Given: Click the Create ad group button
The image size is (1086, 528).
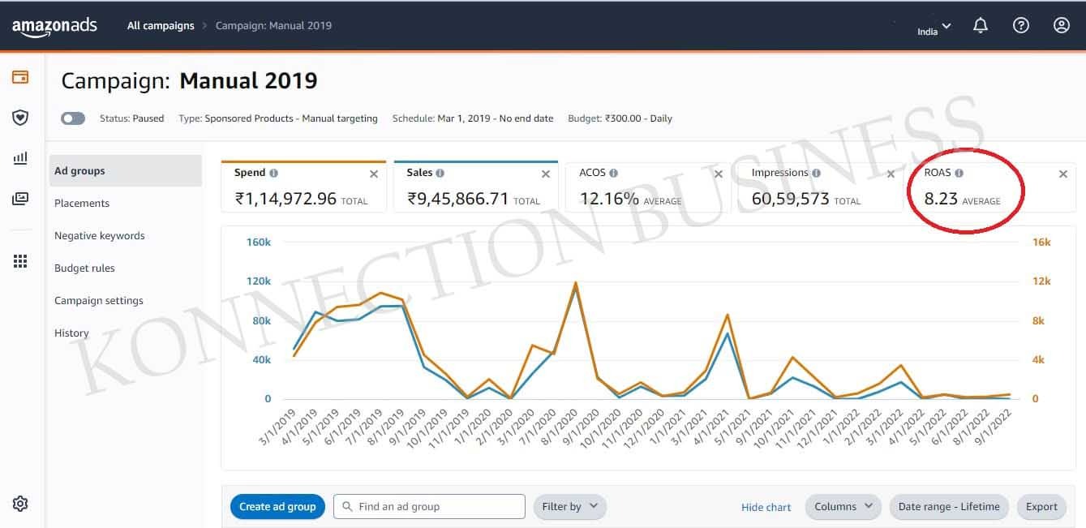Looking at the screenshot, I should coord(277,507).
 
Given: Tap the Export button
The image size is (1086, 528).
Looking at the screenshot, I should coord(1041,507).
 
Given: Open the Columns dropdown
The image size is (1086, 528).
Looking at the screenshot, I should coord(843,507).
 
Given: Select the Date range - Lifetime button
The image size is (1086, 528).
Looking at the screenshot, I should coord(949,507).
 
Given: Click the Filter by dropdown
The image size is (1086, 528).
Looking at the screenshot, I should coord(569,507).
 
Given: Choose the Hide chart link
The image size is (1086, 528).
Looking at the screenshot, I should coord(766,508).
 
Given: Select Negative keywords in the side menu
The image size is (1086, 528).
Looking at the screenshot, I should coord(100,236).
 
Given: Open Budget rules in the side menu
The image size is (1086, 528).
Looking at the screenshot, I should coord(84,268).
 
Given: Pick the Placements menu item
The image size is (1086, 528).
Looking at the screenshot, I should coord(82,204).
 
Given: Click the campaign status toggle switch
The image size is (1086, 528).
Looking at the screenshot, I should coord(73,118).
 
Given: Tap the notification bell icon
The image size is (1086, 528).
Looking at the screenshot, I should coord(981,26).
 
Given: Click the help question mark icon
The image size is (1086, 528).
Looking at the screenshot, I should coord(1021,26).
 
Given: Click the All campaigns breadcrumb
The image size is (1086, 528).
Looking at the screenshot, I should coord(161,26).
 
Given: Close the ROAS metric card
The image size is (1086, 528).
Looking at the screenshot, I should coord(1063,174).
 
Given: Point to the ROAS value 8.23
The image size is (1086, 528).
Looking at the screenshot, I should coord(941,199).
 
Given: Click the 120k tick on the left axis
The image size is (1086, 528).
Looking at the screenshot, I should coord(258,281).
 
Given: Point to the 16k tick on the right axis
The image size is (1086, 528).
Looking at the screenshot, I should coord(1041,243).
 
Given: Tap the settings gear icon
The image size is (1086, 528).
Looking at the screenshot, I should coord(20,504).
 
